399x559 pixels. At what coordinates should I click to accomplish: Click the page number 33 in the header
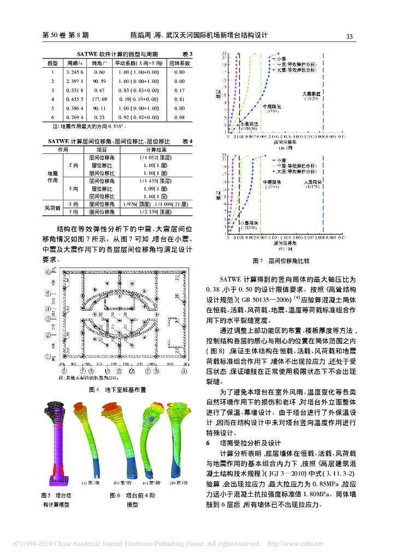click(x=349, y=36)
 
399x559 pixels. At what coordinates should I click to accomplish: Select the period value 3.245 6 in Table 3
click(x=74, y=72)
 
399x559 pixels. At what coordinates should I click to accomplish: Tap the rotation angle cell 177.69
click(x=99, y=99)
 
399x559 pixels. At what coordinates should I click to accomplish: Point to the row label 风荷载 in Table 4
click(x=53, y=208)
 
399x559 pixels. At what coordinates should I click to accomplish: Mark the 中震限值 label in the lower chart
click(x=271, y=182)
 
